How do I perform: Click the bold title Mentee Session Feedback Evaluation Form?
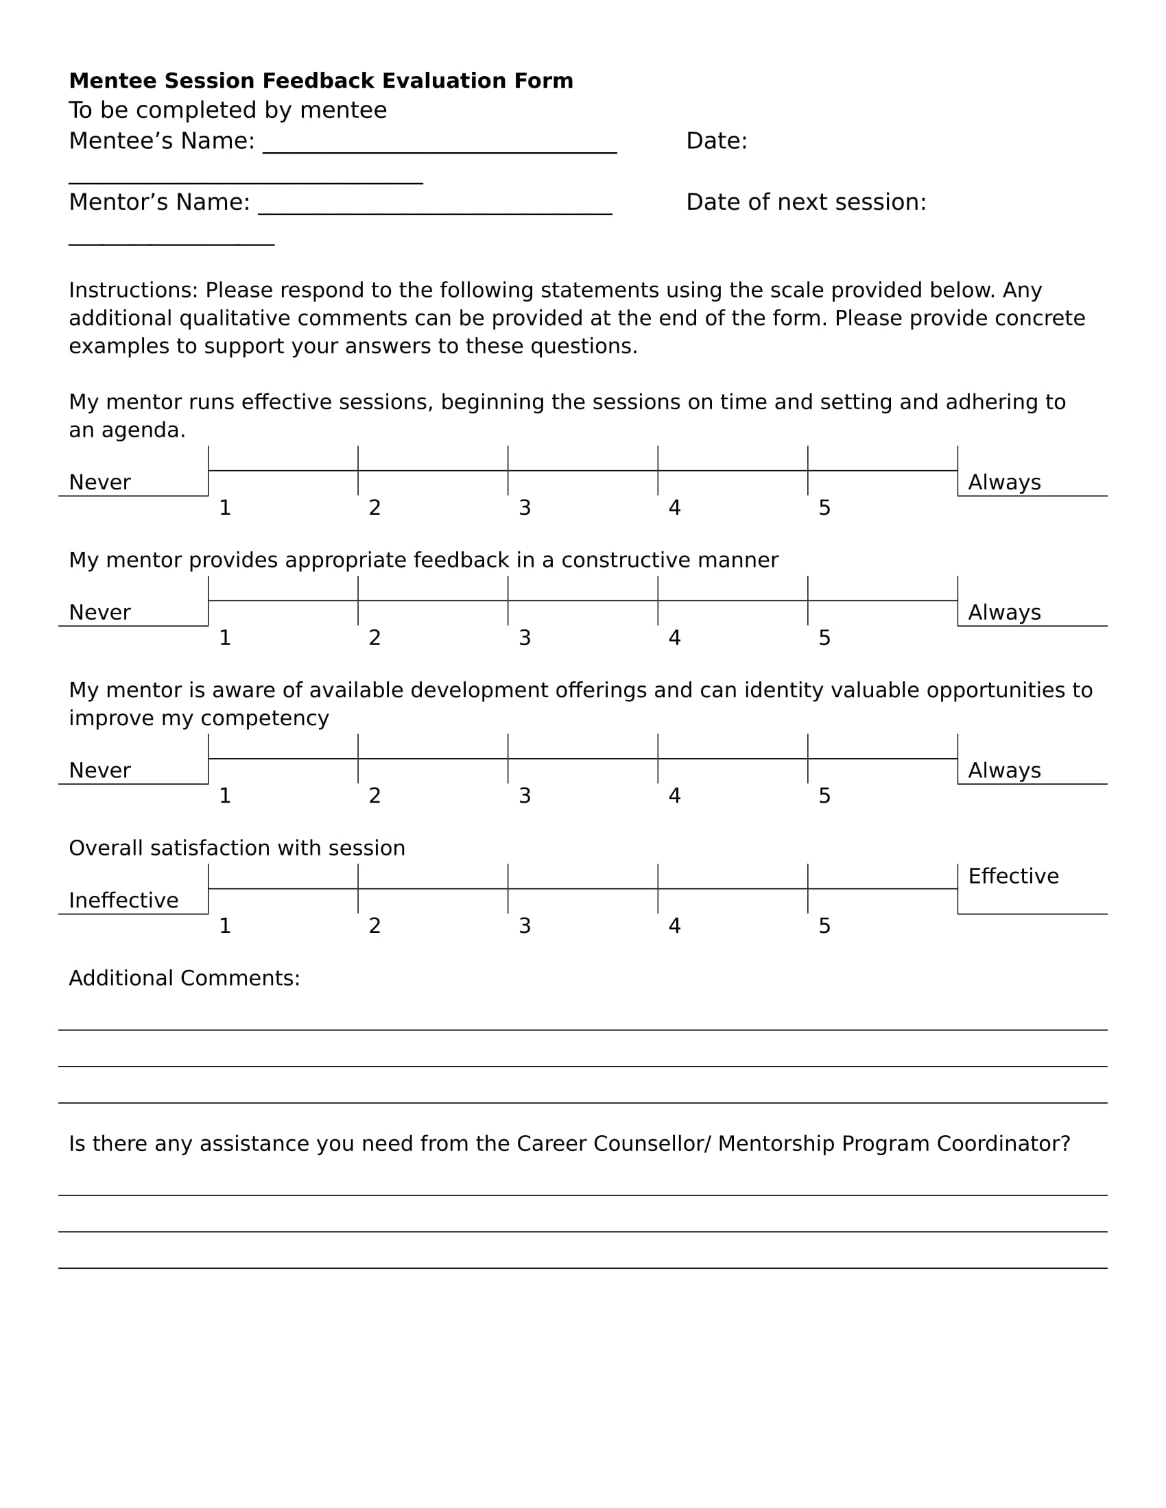point(320,81)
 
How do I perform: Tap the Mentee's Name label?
point(161,141)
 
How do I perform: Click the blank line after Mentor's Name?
point(434,212)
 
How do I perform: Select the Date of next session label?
point(805,202)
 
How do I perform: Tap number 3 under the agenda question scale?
point(524,508)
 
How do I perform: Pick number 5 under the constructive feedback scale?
point(824,638)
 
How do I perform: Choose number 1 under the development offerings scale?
point(224,796)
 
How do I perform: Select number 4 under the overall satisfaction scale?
point(674,926)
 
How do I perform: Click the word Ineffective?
point(123,901)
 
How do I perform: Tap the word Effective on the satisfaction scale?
point(1012,876)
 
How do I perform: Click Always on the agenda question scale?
point(1003,483)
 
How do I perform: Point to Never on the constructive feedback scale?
point(99,612)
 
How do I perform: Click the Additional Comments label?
point(184,978)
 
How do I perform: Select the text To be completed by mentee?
point(227,110)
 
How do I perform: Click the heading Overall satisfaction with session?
point(236,848)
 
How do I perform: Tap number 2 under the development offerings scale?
point(374,796)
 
